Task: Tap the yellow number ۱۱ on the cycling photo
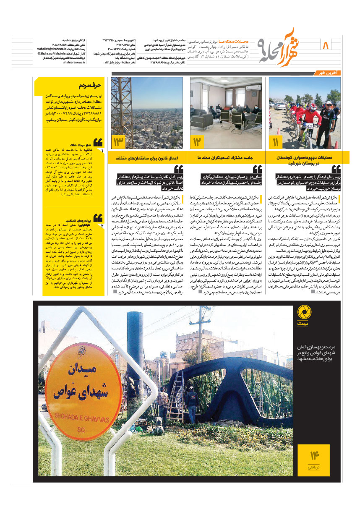[x=275, y=142]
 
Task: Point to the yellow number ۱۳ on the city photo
[x=118, y=142]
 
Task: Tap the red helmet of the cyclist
[x=311, y=107]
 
